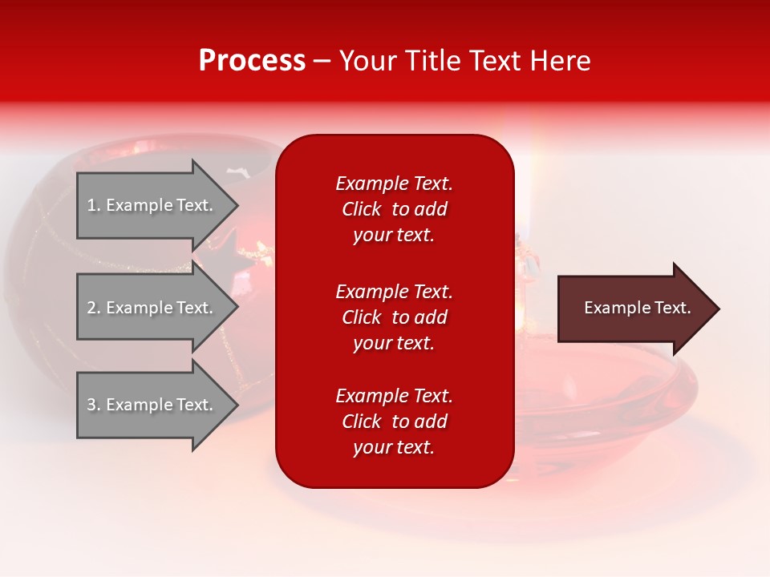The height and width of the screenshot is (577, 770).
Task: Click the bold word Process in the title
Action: click(x=252, y=61)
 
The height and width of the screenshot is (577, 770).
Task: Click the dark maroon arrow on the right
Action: click(x=634, y=309)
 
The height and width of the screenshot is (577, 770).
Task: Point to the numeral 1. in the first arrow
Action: click(x=94, y=205)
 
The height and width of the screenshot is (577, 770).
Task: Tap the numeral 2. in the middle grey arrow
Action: click(x=94, y=308)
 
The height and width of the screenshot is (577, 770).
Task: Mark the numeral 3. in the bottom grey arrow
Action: click(x=94, y=405)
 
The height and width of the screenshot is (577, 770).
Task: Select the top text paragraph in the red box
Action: click(x=394, y=209)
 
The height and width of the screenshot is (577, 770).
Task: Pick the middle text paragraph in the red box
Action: click(x=394, y=317)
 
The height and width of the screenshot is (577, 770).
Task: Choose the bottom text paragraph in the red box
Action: click(x=394, y=422)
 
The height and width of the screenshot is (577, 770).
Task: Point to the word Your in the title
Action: click(x=368, y=61)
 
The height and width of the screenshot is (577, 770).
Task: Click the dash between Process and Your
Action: click(x=322, y=61)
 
